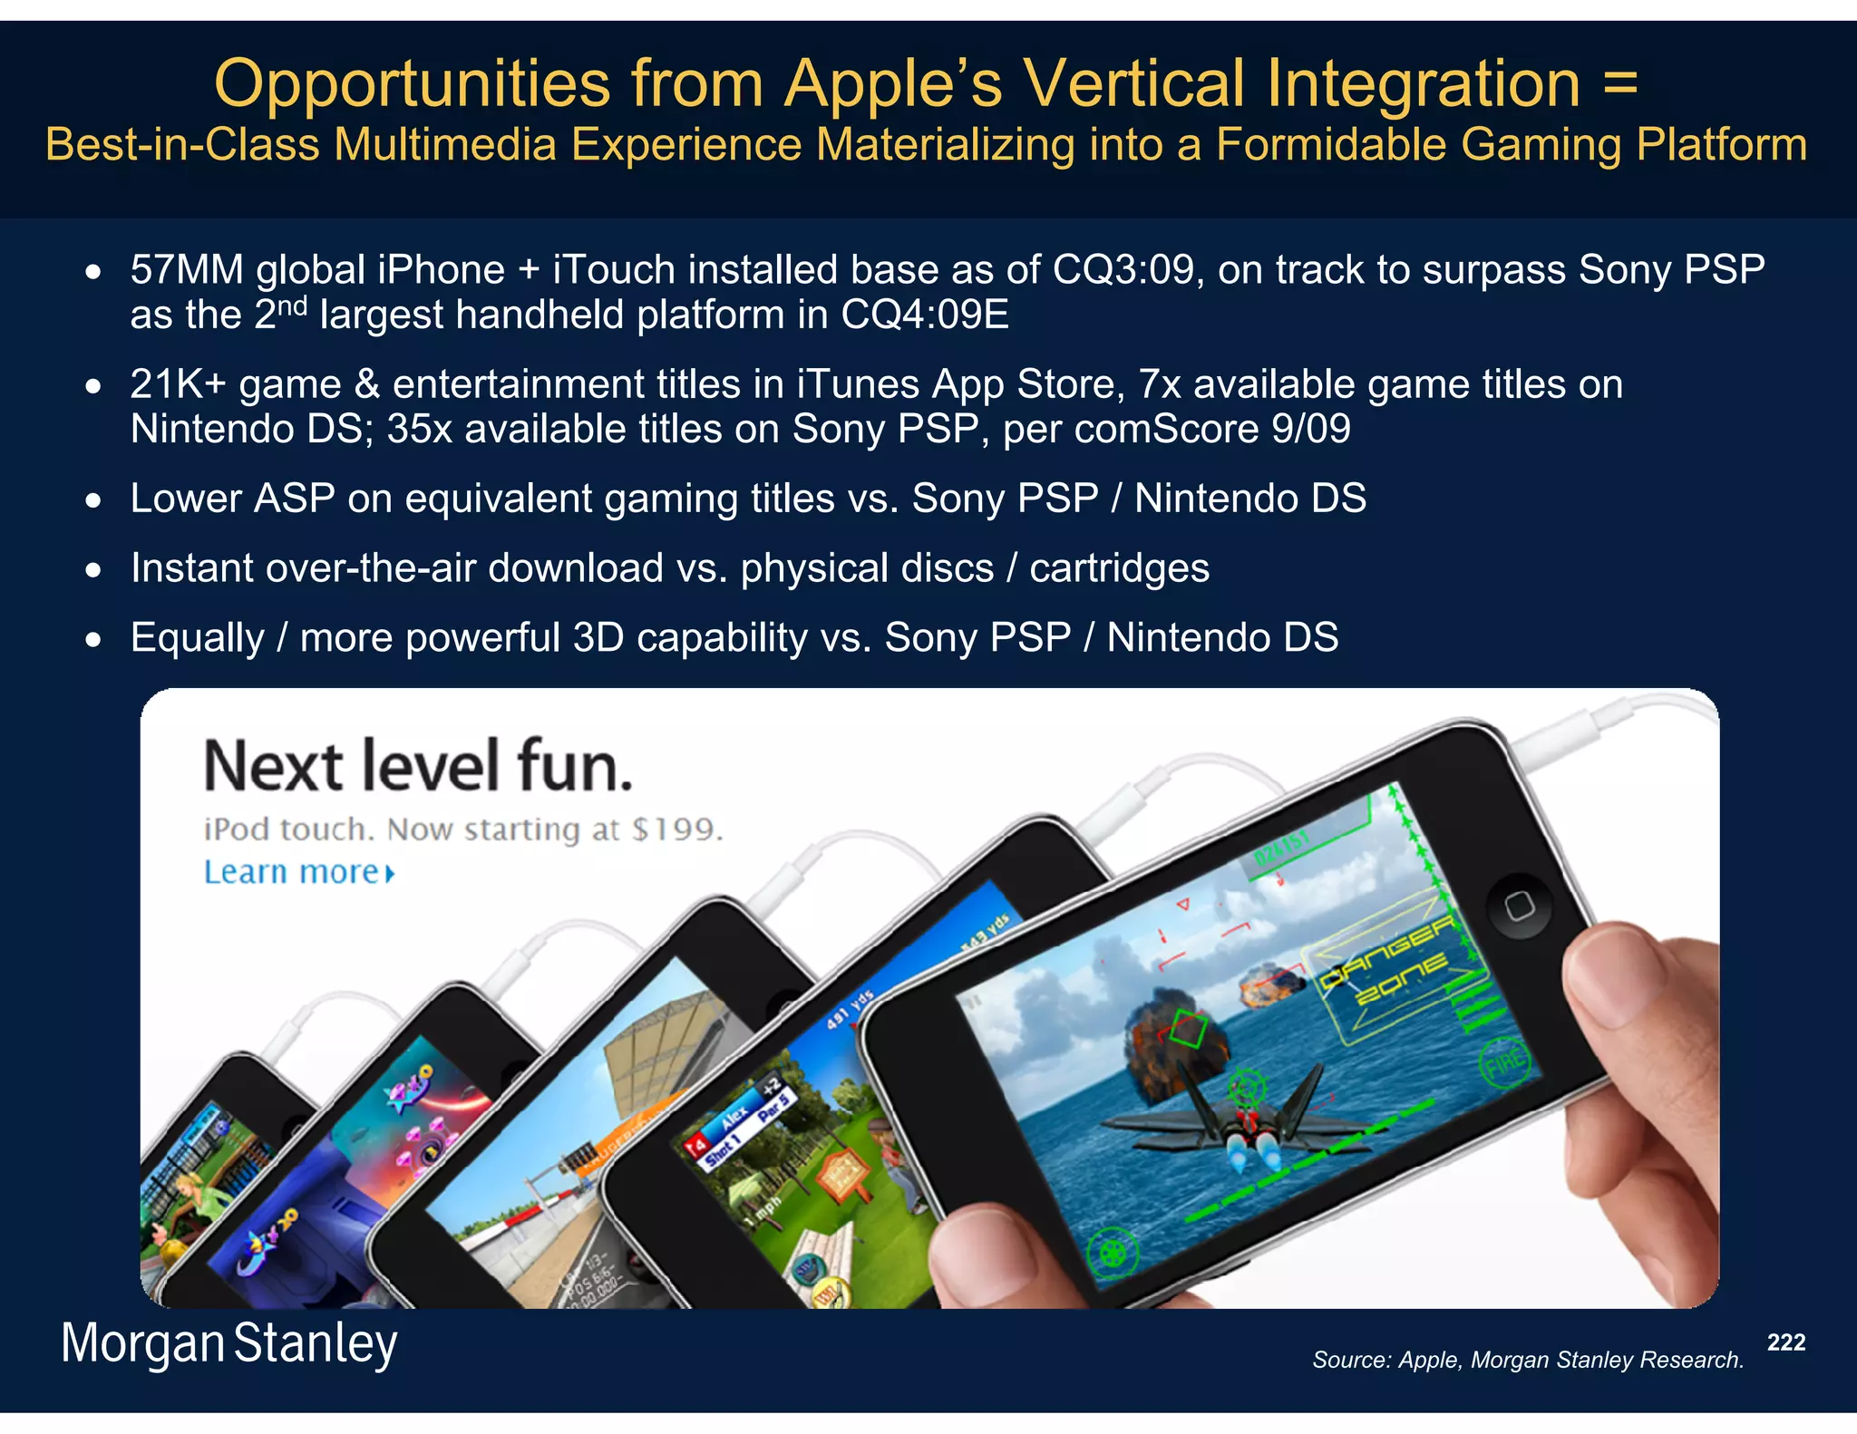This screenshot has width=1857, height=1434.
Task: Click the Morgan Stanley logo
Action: coord(228,1343)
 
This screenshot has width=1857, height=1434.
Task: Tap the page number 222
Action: coord(1785,1342)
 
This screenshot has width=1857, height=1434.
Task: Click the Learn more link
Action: coord(299,872)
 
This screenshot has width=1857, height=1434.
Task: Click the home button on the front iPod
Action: coord(1519,906)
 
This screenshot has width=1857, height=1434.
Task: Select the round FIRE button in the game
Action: coord(1505,1062)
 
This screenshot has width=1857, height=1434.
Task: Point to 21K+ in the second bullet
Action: coord(178,384)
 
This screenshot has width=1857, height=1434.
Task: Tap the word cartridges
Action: coord(1119,568)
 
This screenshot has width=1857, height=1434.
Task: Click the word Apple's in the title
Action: coord(893,83)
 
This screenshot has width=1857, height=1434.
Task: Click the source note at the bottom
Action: coord(1528,1360)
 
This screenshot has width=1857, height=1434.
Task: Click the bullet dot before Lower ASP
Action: coord(93,500)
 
